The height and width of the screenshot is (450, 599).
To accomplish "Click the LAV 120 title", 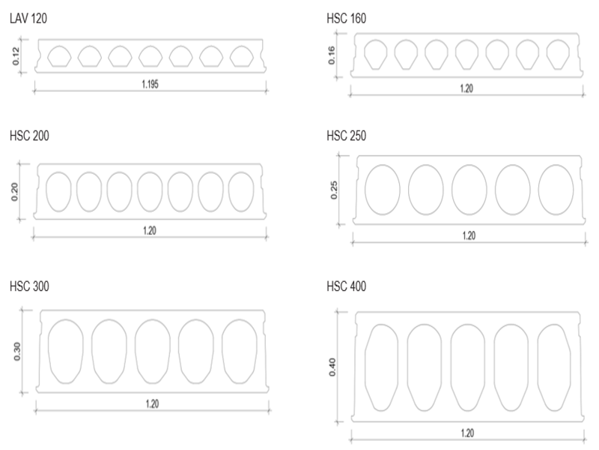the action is [28, 18].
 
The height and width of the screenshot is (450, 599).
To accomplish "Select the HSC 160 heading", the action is [346, 18].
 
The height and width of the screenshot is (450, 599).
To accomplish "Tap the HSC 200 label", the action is [29, 136].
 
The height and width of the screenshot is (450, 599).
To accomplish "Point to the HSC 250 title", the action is [346, 136].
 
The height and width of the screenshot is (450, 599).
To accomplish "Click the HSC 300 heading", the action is [29, 286].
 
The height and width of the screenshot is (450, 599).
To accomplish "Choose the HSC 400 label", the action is [346, 286].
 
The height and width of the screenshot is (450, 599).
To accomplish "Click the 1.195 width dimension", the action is [150, 84].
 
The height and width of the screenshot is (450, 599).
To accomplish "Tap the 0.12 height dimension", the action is [16, 55].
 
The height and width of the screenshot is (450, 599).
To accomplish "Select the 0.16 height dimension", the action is [332, 55].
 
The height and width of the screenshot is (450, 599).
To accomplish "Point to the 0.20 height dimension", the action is [14, 192].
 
